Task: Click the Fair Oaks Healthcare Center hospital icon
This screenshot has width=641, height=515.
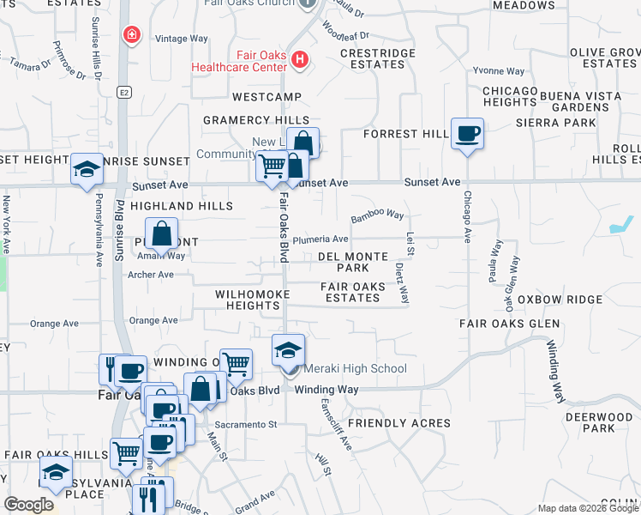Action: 299,60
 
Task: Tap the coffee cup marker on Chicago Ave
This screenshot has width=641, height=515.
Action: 467,134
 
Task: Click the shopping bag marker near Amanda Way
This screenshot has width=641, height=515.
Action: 162,233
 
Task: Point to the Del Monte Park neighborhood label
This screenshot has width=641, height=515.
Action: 353,262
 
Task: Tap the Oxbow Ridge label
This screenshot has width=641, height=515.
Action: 566,300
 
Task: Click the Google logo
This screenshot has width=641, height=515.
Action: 28,505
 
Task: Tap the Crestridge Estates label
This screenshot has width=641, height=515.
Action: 378,58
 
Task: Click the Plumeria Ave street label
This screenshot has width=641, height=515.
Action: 320,239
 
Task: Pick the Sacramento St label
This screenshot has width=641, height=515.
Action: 248,424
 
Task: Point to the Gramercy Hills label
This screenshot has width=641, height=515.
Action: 255,120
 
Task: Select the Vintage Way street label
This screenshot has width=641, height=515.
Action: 182,39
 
